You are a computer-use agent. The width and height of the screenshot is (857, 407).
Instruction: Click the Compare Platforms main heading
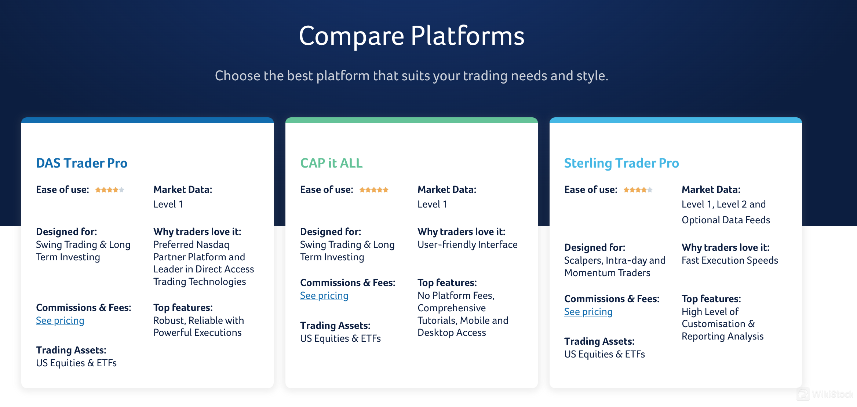coord(412,36)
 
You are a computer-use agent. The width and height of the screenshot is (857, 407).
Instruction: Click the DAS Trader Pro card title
coord(81,163)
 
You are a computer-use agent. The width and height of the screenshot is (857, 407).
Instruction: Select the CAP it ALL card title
coord(331,163)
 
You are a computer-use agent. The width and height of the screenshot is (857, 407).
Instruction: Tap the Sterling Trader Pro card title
coord(621,163)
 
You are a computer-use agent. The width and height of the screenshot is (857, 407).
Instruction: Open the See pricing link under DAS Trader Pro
coord(60,321)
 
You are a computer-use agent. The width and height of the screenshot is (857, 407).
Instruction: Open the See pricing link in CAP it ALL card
coord(324,296)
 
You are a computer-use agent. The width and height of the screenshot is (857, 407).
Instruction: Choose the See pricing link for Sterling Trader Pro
coord(588,312)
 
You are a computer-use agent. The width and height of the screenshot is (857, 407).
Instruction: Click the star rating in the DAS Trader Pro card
coord(110,190)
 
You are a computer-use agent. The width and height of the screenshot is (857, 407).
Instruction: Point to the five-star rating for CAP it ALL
coord(373,190)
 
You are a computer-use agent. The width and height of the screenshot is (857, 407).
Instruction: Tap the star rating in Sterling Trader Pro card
coord(638,190)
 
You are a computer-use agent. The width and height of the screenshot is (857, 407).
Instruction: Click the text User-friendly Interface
coord(467,245)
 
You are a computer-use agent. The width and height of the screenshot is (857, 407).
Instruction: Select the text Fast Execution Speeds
coord(730,260)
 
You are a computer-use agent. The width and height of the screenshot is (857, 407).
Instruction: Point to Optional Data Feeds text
coord(726,220)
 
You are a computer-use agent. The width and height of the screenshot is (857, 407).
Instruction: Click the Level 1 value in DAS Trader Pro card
coord(168,205)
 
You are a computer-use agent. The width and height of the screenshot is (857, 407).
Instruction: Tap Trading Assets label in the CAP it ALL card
coord(335,326)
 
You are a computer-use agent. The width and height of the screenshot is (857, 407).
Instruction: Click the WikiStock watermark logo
coord(825,395)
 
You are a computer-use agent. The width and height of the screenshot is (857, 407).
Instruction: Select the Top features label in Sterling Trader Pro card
coord(711,299)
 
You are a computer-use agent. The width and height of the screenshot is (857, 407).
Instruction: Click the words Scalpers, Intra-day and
coord(615,260)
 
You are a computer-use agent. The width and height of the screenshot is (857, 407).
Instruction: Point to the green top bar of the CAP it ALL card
coord(411,120)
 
